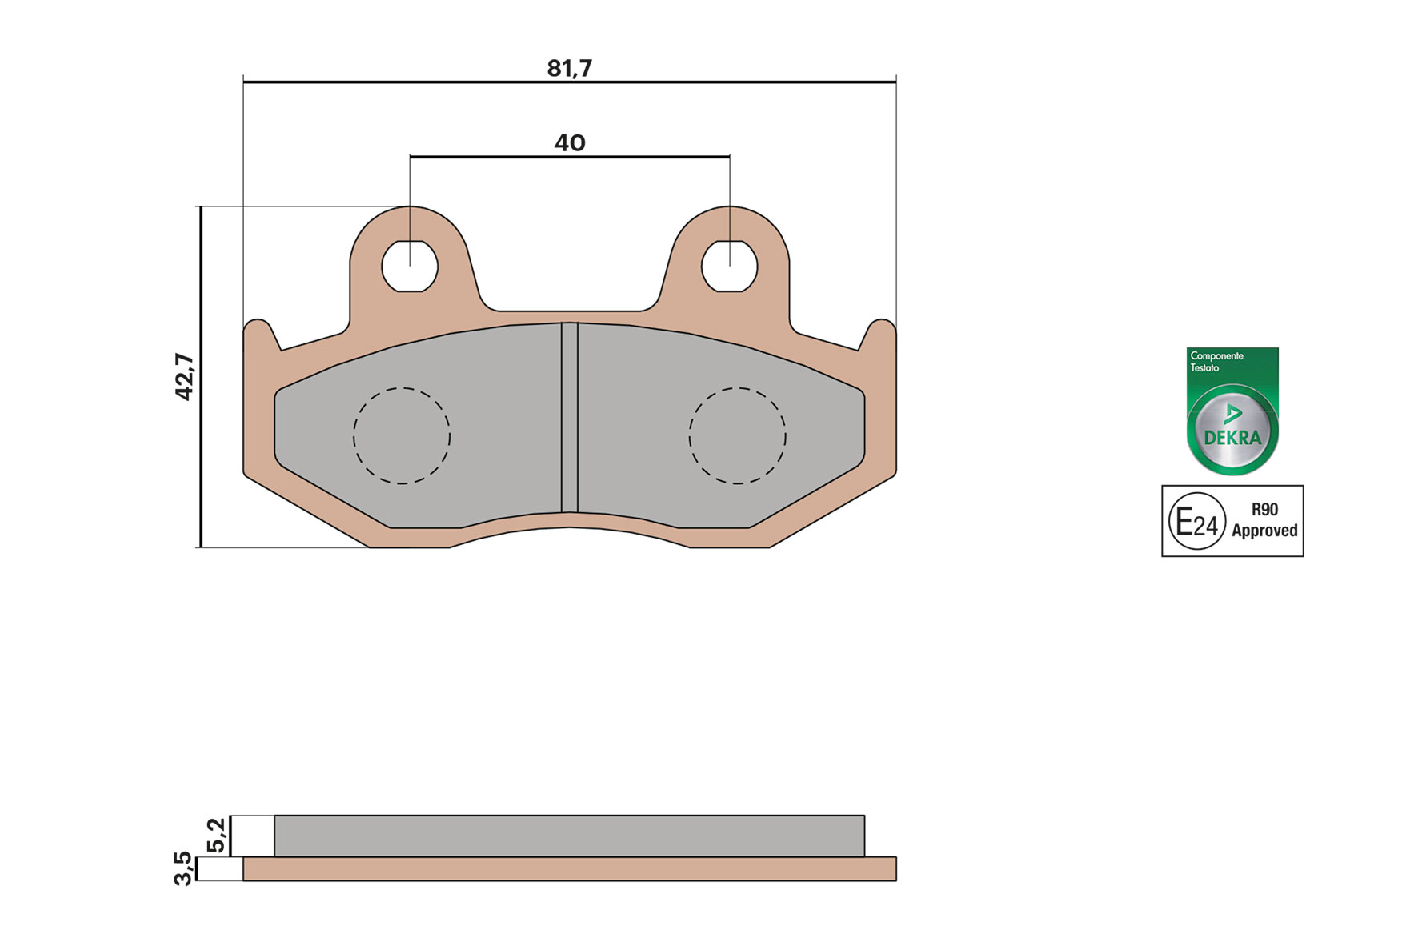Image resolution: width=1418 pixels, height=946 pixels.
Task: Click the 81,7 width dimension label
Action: [569, 69]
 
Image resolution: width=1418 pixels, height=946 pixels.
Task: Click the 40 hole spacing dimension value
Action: [569, 143]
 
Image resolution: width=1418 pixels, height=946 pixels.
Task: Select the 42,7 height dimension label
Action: [185, 376]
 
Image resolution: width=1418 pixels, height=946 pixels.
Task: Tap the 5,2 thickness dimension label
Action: [217, 835]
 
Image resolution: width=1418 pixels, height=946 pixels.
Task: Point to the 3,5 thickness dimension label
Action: [183, 868]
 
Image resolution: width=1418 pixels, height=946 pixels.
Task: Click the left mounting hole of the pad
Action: [410, 266]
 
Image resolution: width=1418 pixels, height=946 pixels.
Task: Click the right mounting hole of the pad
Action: [729, 266]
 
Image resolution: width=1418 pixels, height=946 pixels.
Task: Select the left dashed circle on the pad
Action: [402, 436]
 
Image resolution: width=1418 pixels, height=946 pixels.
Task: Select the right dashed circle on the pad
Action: [737, 436]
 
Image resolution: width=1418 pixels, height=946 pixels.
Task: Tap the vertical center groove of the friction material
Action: [569, 416]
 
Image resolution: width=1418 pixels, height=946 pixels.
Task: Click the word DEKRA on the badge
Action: [1232, 438]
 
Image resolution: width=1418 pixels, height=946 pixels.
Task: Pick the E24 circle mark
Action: [1196, 522]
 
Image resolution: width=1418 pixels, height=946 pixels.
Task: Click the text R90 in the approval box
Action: [1264, 510]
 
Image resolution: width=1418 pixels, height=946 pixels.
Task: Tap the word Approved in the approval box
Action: [1264, 531]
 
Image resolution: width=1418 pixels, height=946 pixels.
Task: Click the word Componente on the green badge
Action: [1216, 355]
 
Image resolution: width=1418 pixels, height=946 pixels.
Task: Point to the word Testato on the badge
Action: [1204, 368]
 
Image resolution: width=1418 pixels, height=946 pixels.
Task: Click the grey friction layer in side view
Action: [569, 836]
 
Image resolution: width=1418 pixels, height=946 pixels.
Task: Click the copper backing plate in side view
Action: [569, 869]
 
